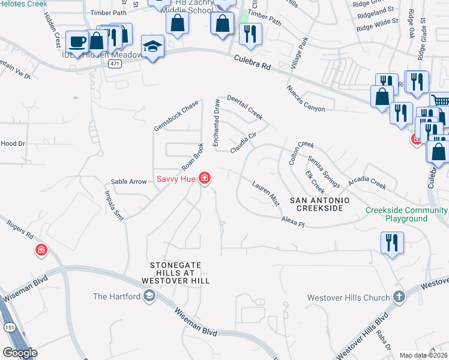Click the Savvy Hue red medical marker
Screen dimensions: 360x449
coord(205,178)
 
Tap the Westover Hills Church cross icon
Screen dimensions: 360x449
coord(399,297)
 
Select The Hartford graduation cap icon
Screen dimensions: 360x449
coord(149,296)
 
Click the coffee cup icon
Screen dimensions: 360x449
coord(76,41)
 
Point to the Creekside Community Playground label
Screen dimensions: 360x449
coord(406,214)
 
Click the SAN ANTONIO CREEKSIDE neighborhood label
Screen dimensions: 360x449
coord(316,203)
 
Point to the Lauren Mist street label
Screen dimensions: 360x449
coord(266,193)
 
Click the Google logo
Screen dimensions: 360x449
coord(20,353)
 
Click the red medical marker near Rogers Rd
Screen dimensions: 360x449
coord(41,250)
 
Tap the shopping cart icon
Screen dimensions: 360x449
coord(441,101)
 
